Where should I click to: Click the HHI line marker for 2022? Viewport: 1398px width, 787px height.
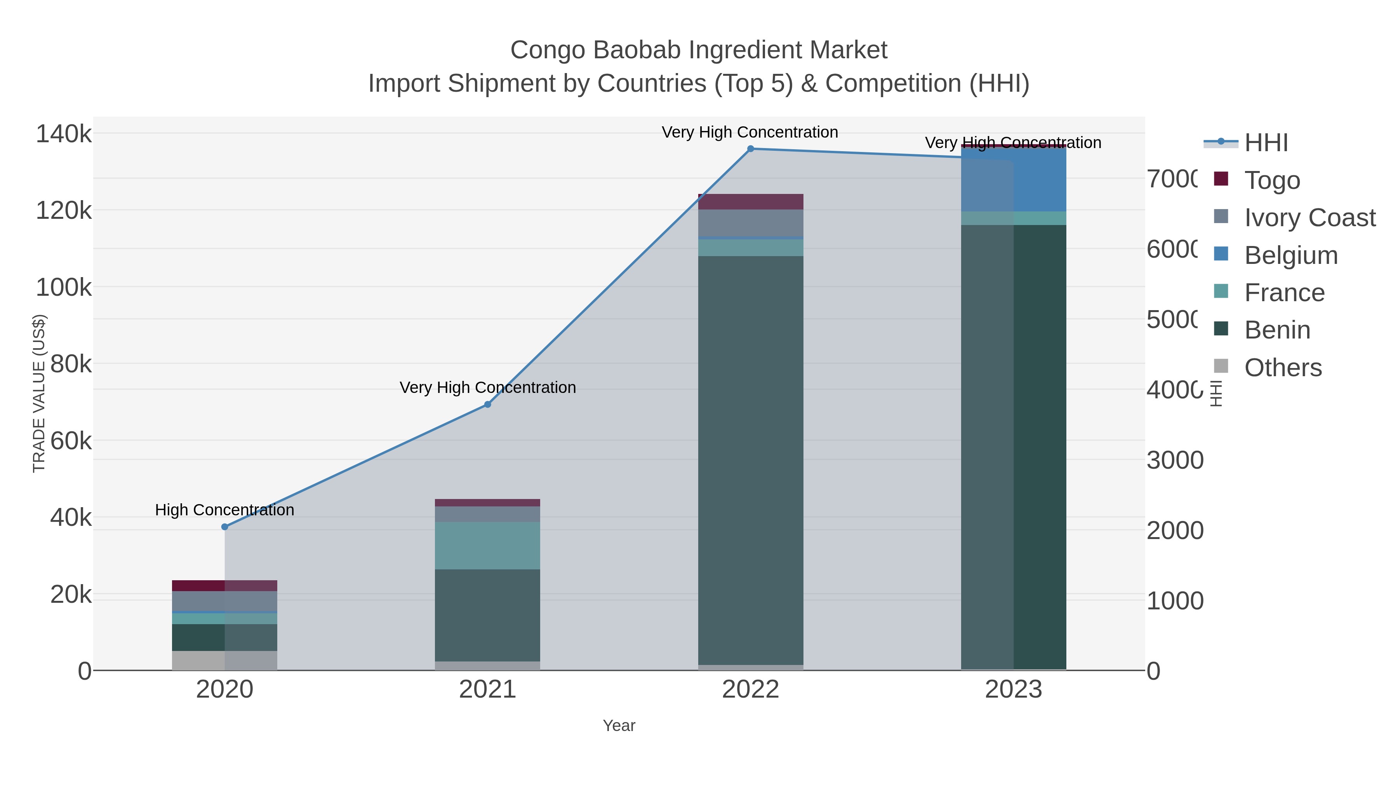pyautogui.click(x=751, y=149)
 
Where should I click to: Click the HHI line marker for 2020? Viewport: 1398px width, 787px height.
pyautogui.click(x=225, y=527)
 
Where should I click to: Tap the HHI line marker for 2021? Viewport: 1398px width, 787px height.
pyautogui.click(x=487, y=405)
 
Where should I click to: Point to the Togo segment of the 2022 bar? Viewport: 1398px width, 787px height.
pyautogui.click(x=751, y=201)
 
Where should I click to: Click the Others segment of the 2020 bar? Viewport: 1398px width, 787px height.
pyautogui.click(x=225, y=660)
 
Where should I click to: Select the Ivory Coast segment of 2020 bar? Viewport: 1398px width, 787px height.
pyautogui.click(x=225, y=601)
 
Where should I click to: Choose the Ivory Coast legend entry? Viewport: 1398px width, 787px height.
pyautogui.click(x=1309, y=217)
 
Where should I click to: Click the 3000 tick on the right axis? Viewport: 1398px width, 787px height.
pyautogui.click(x=1175, y=460)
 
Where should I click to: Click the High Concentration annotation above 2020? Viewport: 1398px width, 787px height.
pyautogui.click(x=225, y=510)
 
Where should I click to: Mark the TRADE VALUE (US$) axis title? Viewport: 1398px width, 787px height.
pyautogui.click(x=39, y=394)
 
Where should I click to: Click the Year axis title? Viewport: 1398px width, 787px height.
pyautogui.click(x=619, y=726)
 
